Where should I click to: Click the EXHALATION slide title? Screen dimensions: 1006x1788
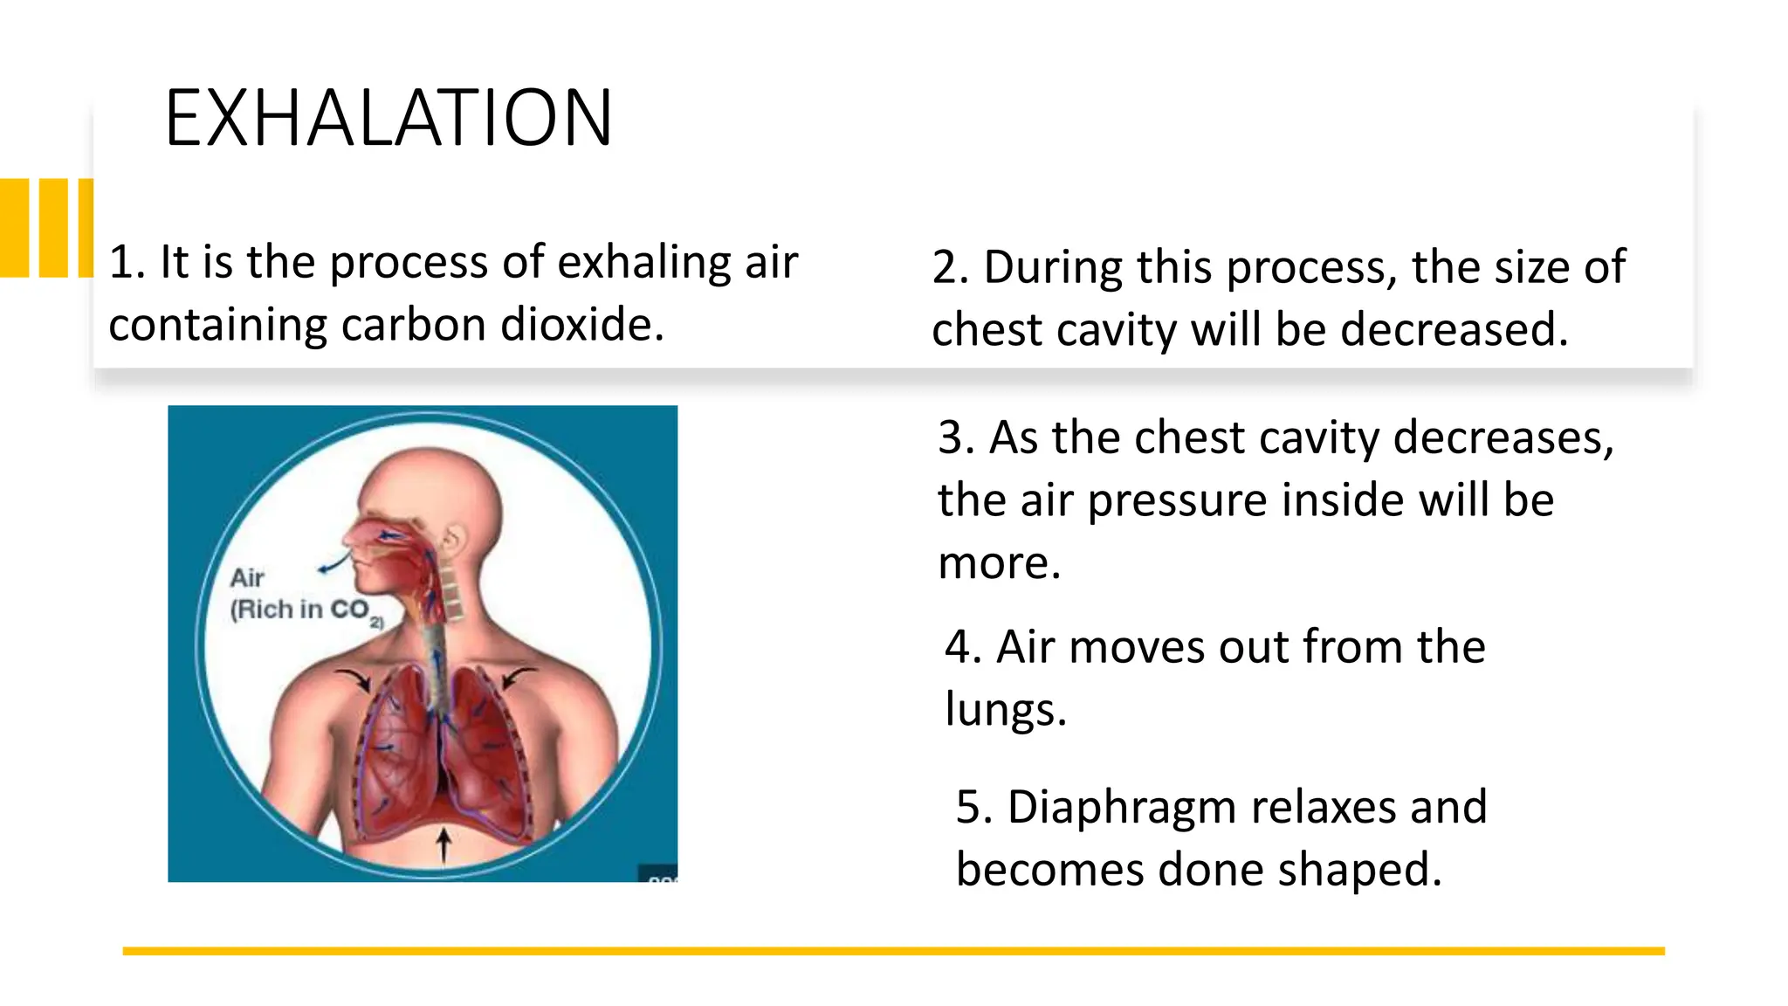389,118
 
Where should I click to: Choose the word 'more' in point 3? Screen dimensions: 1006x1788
998,563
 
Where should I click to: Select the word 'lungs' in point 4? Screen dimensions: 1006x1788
1004,709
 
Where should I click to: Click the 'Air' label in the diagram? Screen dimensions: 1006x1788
247,578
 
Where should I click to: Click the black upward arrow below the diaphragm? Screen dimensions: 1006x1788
444,845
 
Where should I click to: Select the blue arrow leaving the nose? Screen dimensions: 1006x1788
334,564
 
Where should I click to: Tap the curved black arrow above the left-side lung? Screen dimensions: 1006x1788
354,679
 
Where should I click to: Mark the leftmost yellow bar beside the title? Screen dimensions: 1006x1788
14,228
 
